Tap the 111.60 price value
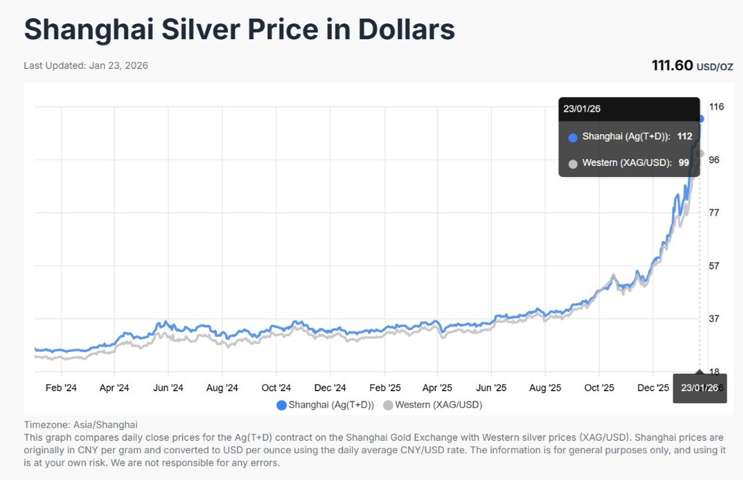(672, 65)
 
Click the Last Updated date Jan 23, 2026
(118, 65)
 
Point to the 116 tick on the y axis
(716, 107)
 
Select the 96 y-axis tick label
(715, 160)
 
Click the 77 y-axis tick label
(714, 213)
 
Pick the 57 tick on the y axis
(714, 266)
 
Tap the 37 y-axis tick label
(714, 319)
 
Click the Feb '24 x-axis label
(61, 388)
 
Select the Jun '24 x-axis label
(169, 388)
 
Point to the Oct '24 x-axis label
(276, 388)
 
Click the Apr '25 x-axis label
(437, 388)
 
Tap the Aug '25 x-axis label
(545, 388)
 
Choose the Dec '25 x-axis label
(652, 388)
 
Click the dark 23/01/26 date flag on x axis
(699, 388)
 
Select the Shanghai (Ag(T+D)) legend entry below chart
(325, 405)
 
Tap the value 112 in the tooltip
(684, 136)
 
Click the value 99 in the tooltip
(684, 163)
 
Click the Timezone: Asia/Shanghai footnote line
(81, 425)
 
